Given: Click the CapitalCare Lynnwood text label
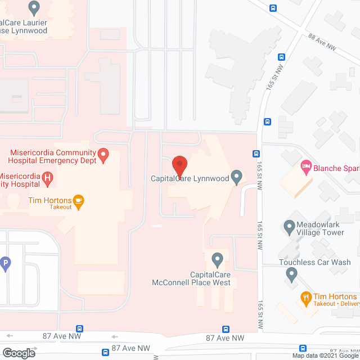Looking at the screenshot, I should [190, 179].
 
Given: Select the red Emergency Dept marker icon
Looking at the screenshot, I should [103, 155].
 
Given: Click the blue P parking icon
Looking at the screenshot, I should [6, 263].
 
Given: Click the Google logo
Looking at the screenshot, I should [18, 353].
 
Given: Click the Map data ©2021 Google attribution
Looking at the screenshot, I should [325, 355].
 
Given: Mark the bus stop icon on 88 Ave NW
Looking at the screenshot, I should [273, 8].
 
